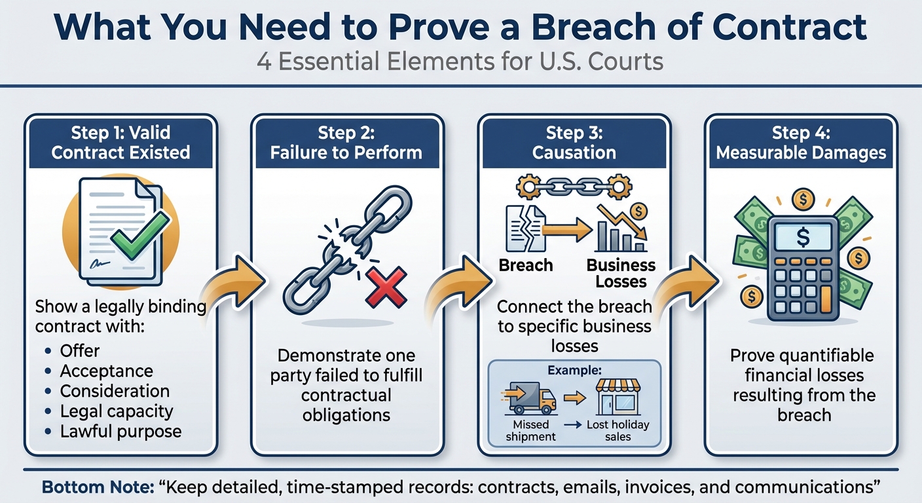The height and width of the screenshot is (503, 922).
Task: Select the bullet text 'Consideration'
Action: pos(115,391)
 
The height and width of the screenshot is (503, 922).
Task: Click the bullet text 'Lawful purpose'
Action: pos(120,432)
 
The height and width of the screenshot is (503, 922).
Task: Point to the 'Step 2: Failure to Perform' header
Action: pos(347,143)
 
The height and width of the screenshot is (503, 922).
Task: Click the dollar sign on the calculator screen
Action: pos(802,238)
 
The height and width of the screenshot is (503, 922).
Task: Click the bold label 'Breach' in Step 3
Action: pos(526,265)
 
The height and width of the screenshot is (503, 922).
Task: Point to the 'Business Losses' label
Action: pos(621,273)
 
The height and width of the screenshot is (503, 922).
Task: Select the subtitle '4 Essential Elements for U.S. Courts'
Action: pos(460,62)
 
